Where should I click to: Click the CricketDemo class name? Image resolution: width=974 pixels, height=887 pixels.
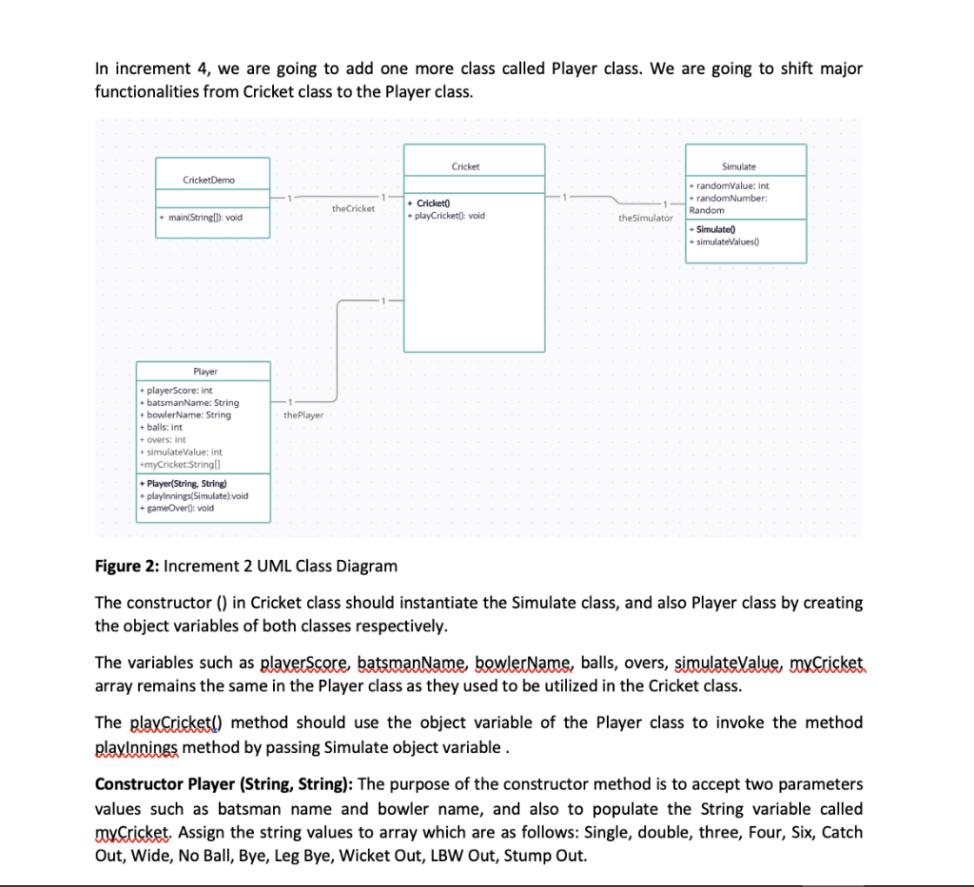point(208,180)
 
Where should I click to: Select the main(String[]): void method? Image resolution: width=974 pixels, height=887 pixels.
point(202,217)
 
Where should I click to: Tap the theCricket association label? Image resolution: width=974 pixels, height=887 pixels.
point(353,208)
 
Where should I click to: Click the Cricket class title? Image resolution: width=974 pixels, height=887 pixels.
point(465,166)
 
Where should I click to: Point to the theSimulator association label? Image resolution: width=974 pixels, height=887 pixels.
point(645,218)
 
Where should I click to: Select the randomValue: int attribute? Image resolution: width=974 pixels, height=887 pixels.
point(732,185)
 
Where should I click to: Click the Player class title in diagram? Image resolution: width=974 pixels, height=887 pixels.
point(205,372)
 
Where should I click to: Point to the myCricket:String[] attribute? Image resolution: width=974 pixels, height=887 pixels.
point(180,465)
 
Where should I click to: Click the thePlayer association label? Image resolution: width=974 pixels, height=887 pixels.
point(303,415)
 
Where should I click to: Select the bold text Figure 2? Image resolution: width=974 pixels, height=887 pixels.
point(127,567)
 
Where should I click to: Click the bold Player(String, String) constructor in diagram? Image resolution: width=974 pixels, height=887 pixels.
point(183,484)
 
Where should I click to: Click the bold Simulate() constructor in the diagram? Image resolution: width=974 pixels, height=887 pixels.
point(714,230)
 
